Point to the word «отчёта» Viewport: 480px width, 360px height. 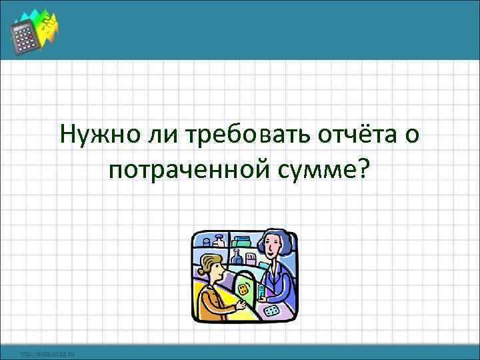(359, 135)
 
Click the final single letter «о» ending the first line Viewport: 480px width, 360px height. (413, 137)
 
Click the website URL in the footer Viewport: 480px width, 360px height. (47, 353)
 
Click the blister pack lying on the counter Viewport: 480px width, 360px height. (273, 311)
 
